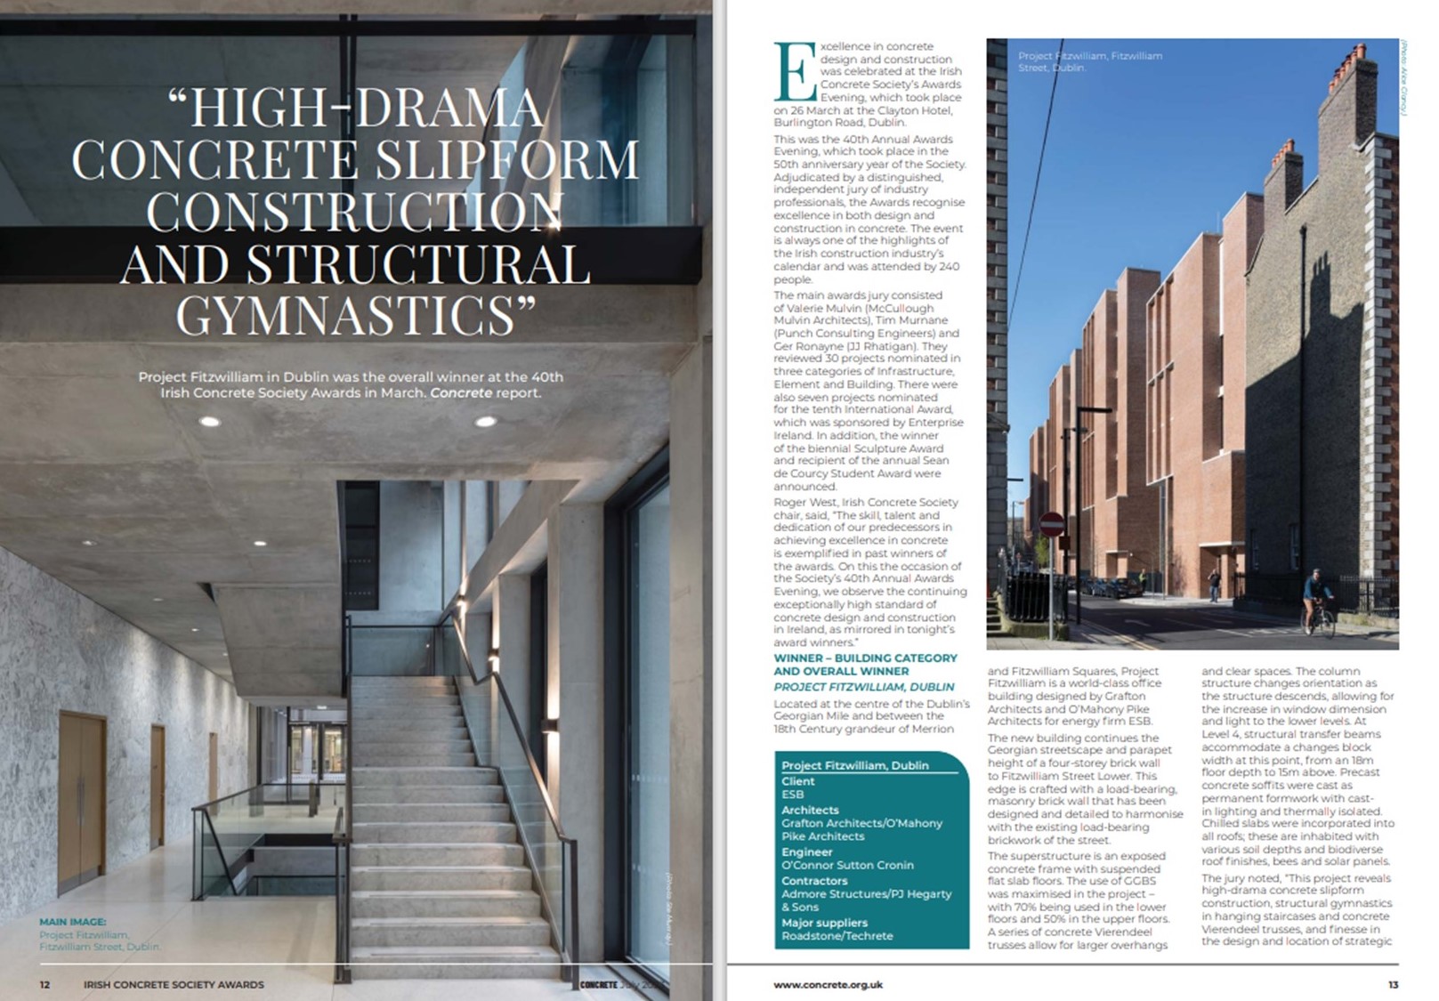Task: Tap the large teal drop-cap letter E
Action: click(x=795, y=72)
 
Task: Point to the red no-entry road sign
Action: click(x=1051, y=524)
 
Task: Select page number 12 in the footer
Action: click(x=44, y=984)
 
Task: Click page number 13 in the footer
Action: click(x=1393, y=984)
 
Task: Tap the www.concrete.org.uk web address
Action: click(x=828, y=984)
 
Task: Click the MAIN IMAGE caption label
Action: click(x=73, y=922)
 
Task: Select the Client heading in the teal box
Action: click(x=797, y=780)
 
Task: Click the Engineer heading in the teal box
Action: click(x=806, y=852)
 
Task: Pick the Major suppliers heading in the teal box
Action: click(x=824, y=923)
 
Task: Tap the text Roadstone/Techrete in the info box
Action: click(x=837, y=936)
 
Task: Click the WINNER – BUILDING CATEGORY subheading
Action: click(x=865, y=658)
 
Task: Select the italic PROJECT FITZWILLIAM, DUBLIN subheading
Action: click(x=863, y=687)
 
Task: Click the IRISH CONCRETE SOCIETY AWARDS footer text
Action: click(x=174, y=984)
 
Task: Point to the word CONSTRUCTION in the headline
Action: click(x=353, y=212)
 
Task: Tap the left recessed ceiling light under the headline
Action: click(x=210, y=422)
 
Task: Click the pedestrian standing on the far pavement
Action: click(x=1214, y=585)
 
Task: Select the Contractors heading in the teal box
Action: click(x=813, y=880)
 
